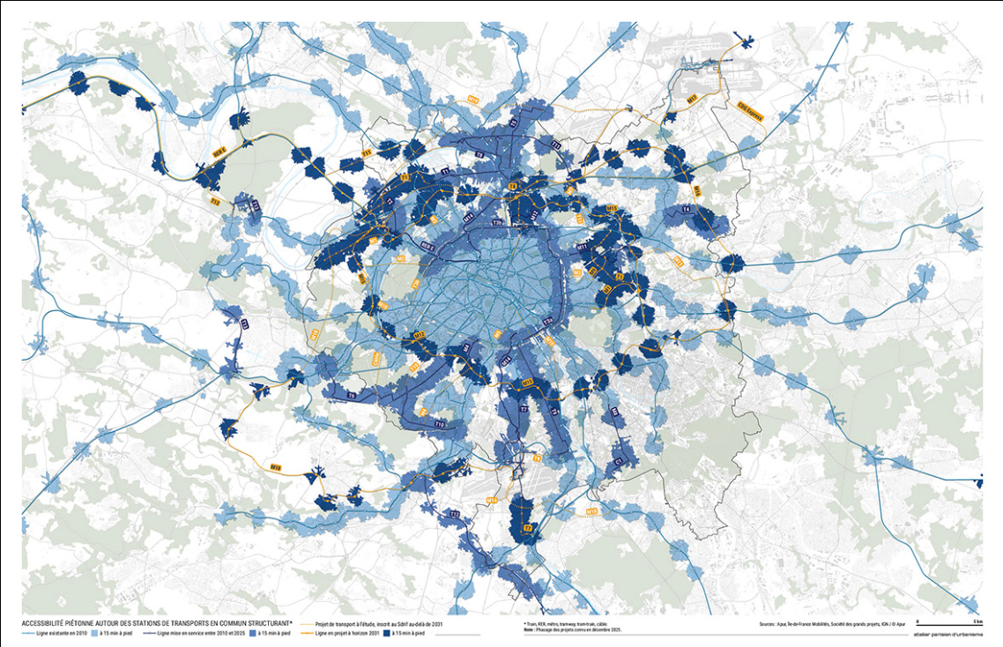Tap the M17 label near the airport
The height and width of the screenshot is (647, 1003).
692,98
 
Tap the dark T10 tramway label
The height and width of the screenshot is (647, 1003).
439,426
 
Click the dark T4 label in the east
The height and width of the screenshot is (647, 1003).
686,209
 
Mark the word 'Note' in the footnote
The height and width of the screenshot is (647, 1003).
529,629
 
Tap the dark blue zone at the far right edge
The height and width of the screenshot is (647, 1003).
978,483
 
